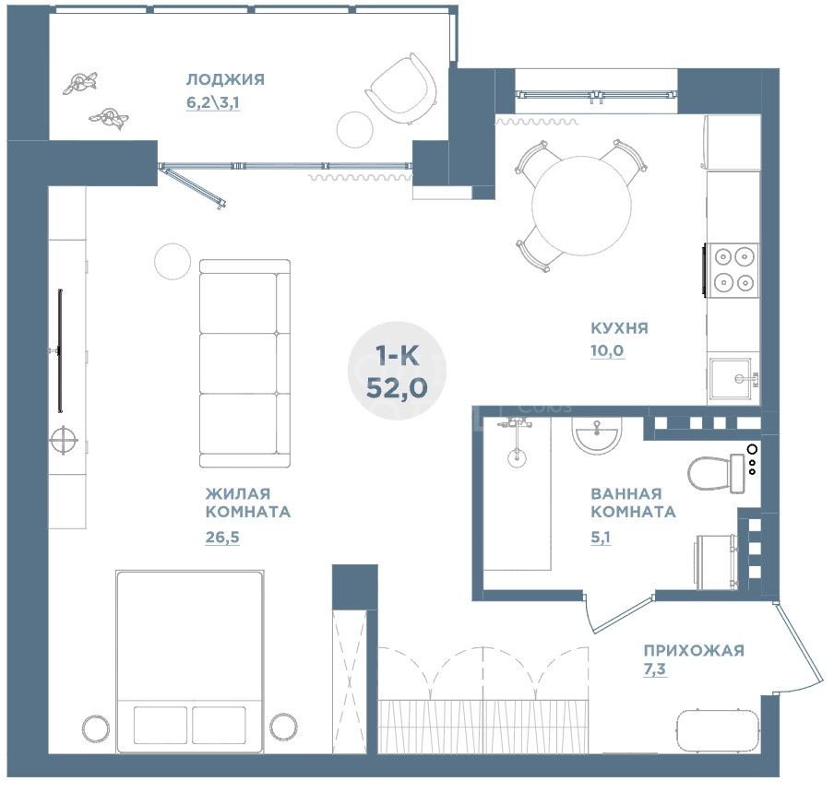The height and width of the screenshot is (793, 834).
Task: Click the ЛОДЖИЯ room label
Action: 225,79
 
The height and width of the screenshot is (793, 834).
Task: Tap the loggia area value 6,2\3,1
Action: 213,102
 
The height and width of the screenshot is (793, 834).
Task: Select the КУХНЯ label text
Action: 620,328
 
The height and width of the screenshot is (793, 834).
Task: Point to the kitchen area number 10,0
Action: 607,350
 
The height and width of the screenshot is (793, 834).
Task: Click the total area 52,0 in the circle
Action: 397,388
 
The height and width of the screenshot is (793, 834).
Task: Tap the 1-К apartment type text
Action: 398,355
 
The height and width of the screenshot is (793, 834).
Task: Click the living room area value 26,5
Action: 222,538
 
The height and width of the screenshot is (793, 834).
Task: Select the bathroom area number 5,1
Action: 601,538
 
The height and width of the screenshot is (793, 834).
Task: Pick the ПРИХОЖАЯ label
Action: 694,650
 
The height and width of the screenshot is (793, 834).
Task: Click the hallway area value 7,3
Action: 655,669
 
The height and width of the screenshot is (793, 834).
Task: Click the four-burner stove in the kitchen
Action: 732,270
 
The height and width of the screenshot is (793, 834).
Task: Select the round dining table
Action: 582,206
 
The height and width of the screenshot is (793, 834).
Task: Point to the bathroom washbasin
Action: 597,435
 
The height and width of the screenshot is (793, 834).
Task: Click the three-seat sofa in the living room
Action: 244,363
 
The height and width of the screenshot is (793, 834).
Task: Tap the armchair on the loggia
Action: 401,88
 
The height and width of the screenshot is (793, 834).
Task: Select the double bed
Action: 190,662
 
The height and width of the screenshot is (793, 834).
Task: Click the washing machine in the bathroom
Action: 717,562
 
